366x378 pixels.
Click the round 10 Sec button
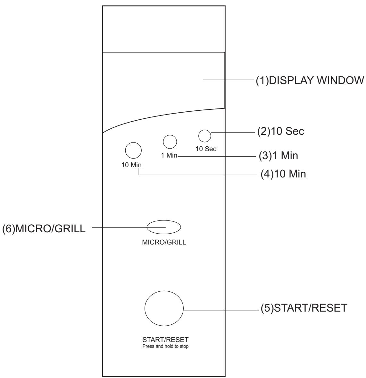204,136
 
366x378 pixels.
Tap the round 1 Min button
170,142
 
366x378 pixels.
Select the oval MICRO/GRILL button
164,227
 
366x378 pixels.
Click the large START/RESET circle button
164,309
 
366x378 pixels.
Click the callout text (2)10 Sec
281,132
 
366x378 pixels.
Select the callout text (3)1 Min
278,156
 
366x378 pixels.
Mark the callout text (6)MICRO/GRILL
44,229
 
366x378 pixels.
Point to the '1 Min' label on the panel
169,156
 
